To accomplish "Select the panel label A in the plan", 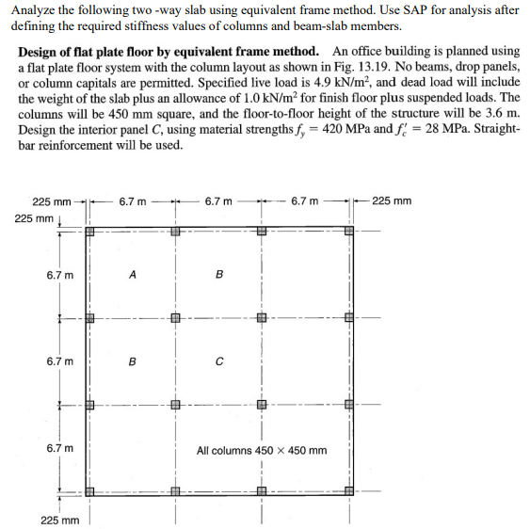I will (132, 275).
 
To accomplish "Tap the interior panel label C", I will (218, 361).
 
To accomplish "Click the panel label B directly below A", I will (132, 361).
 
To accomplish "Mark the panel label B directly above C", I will (218, 275).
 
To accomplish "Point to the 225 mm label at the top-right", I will (391, 201).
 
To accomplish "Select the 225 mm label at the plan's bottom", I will (60, 519).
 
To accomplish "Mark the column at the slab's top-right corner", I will (348, 231).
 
